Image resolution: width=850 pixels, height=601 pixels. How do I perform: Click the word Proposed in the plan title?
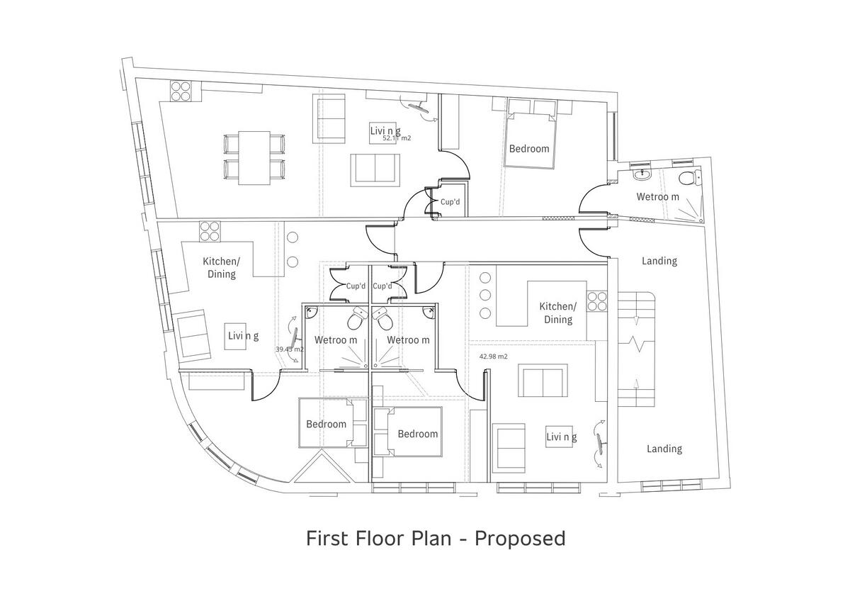(x=520, y=539)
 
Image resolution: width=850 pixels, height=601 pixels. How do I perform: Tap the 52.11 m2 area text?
(x=397, y=139)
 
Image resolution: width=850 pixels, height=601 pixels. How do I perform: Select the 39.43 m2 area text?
(x=289, y=349)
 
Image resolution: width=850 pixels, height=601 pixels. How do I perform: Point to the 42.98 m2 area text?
(x=494, y=357)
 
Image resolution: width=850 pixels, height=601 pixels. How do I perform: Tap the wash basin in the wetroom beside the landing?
(x=645, y=174)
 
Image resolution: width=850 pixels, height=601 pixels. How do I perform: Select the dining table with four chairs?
(x=254, y=157)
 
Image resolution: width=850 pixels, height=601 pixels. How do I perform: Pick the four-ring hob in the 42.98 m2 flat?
(x=597, y=301)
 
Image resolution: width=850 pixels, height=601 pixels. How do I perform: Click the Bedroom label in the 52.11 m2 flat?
(x=529, y=149)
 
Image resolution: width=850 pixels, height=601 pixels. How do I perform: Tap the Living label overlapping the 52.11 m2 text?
(x=385, y=130)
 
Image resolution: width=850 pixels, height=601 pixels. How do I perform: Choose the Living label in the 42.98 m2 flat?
(x=561, y=437)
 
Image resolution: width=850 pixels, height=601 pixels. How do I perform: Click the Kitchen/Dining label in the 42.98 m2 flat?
(x=558, y=313)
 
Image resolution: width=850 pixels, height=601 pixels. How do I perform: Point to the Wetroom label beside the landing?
(x=657, y=196)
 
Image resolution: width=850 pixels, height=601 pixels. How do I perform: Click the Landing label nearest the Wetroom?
(x=659, y=261)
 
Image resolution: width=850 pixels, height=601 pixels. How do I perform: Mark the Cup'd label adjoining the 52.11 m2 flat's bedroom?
(x=450, y=202)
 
